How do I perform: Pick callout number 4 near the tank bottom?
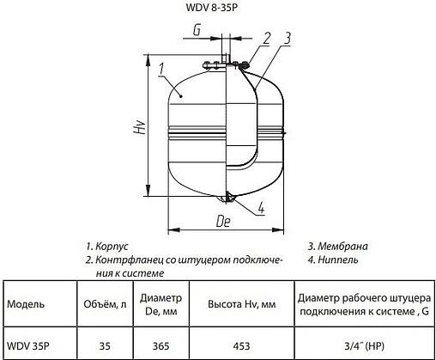coord(260,207)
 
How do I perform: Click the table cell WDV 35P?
coord(27,346)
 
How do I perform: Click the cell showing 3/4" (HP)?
coord(365,346)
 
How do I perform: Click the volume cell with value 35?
coord(105,346)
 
